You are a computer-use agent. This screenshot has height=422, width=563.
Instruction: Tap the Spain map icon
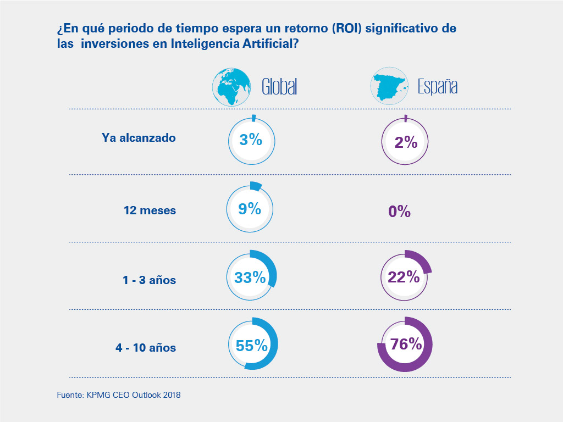pos(390,86)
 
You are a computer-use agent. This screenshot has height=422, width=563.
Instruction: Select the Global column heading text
pos(279,87)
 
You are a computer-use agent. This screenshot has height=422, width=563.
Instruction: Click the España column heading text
pos(438,87)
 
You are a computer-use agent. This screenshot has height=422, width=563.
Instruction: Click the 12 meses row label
pos(150,210)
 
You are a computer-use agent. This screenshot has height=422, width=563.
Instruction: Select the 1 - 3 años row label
pos(149,280)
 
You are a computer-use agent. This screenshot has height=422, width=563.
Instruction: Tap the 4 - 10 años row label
pos(146,348)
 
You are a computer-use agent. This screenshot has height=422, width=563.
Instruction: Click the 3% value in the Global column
pos(251,140)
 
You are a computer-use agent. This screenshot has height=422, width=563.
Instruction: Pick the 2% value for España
pos(406,142)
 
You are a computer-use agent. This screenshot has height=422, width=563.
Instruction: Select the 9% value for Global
pos(250,209)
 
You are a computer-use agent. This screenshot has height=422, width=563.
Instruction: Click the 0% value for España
pos(400,212)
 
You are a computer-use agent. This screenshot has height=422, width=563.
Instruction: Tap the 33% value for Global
pos(250,277)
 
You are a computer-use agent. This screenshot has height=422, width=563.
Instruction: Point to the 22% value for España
pos(404,277)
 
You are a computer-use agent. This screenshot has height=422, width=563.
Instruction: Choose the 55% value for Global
pos(252,345)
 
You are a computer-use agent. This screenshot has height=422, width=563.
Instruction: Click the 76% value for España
pos(406,345)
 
